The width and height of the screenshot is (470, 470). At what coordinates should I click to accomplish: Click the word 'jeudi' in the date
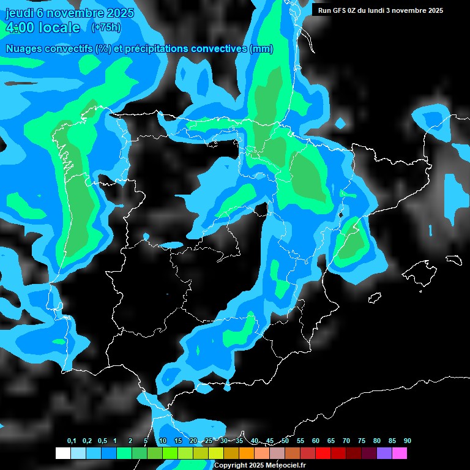coord(19,12)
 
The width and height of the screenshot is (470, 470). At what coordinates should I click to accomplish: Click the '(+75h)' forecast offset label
coord(106,27)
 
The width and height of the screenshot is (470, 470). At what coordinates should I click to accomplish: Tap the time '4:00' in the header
coord(19,28)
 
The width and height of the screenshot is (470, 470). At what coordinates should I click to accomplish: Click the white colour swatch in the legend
coord(62,453)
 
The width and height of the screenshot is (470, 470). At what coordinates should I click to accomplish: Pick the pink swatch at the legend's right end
coord(400,453)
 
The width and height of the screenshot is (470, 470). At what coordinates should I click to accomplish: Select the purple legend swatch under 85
coord(384,453)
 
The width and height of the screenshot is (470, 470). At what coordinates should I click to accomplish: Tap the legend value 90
coord(407,441)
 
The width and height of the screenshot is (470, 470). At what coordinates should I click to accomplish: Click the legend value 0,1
coord(72,441)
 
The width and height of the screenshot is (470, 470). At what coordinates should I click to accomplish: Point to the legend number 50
coord(285,441)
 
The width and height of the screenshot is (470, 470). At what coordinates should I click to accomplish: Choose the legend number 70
coord(346,441)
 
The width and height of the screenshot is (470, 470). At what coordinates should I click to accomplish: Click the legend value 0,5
coord(102,441)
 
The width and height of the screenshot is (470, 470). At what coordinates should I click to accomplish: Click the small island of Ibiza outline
coord(375,298)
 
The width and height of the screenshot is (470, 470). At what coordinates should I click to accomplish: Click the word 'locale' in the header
coord(59,28)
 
